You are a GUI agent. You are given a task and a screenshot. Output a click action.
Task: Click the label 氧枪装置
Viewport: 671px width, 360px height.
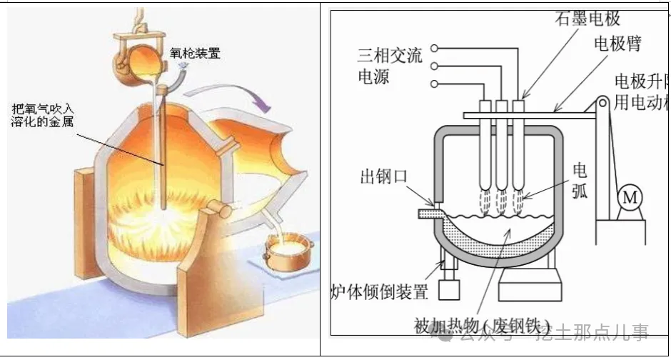(x=195, y=53)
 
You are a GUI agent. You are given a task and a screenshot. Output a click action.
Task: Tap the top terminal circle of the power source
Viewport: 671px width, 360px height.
(x=434, y=49)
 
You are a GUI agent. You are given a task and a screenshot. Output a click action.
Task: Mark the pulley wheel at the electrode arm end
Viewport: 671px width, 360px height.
(x=603, y=105)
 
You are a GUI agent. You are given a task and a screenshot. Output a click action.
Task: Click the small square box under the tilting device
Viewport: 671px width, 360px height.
(x=449, y=289)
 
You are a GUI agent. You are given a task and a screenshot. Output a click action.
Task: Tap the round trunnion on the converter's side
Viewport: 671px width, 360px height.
(x=217, y=210)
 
